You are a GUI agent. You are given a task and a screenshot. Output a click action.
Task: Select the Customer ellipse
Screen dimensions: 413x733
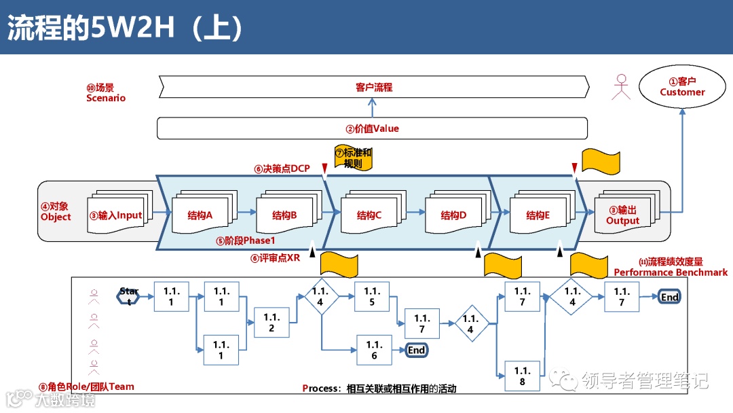682,87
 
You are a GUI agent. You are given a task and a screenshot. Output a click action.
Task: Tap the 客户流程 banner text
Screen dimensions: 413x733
374,87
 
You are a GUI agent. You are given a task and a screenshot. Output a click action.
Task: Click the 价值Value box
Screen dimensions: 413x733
372,128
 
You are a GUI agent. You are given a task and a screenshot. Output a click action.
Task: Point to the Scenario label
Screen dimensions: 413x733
106,93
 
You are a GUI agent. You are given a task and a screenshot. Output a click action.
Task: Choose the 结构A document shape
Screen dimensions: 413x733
201,215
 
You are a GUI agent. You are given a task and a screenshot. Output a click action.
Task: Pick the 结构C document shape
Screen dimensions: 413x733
370,215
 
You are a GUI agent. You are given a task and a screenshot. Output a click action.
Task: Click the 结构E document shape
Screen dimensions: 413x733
538,215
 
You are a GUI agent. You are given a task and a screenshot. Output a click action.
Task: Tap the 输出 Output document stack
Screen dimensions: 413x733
622,215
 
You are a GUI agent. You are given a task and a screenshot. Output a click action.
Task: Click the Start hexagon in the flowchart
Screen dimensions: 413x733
129,296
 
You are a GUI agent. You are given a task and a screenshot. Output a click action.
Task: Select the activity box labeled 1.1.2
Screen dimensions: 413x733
271,323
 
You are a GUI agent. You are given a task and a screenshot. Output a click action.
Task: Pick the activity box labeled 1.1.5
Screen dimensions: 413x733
372,296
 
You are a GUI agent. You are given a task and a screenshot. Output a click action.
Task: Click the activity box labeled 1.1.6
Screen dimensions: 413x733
375,350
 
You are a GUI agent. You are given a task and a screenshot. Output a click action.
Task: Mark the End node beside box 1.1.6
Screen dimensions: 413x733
416,351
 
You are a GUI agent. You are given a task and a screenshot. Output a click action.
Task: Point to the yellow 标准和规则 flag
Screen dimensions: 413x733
354,158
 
